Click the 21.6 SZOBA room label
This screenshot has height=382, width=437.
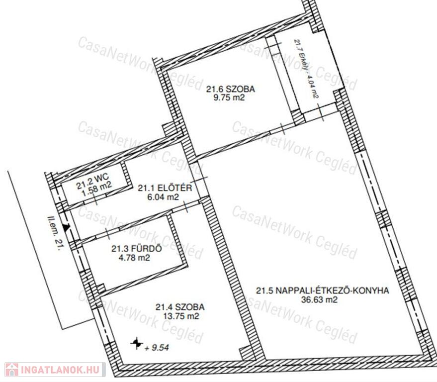point(231,89)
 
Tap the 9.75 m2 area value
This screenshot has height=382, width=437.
point(229,97)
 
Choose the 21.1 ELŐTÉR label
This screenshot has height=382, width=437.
point(165,188)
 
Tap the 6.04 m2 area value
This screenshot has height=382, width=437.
point(163,197)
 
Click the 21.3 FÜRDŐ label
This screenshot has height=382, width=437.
point(137,248)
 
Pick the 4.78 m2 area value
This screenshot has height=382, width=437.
point(134,257)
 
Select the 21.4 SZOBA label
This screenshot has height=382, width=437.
point(180,307)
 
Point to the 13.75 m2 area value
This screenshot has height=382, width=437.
point(182,316)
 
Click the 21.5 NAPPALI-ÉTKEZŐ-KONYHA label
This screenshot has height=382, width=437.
point(323,290)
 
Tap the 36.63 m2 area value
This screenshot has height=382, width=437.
point(319,300)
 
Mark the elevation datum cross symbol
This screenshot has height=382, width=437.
point(137,344)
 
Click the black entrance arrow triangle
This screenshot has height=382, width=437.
point(66,227)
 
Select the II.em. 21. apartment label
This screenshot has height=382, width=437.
point(54,233)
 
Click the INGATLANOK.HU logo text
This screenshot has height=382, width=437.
point(60,370)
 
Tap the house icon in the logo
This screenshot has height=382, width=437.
point(12,370)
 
